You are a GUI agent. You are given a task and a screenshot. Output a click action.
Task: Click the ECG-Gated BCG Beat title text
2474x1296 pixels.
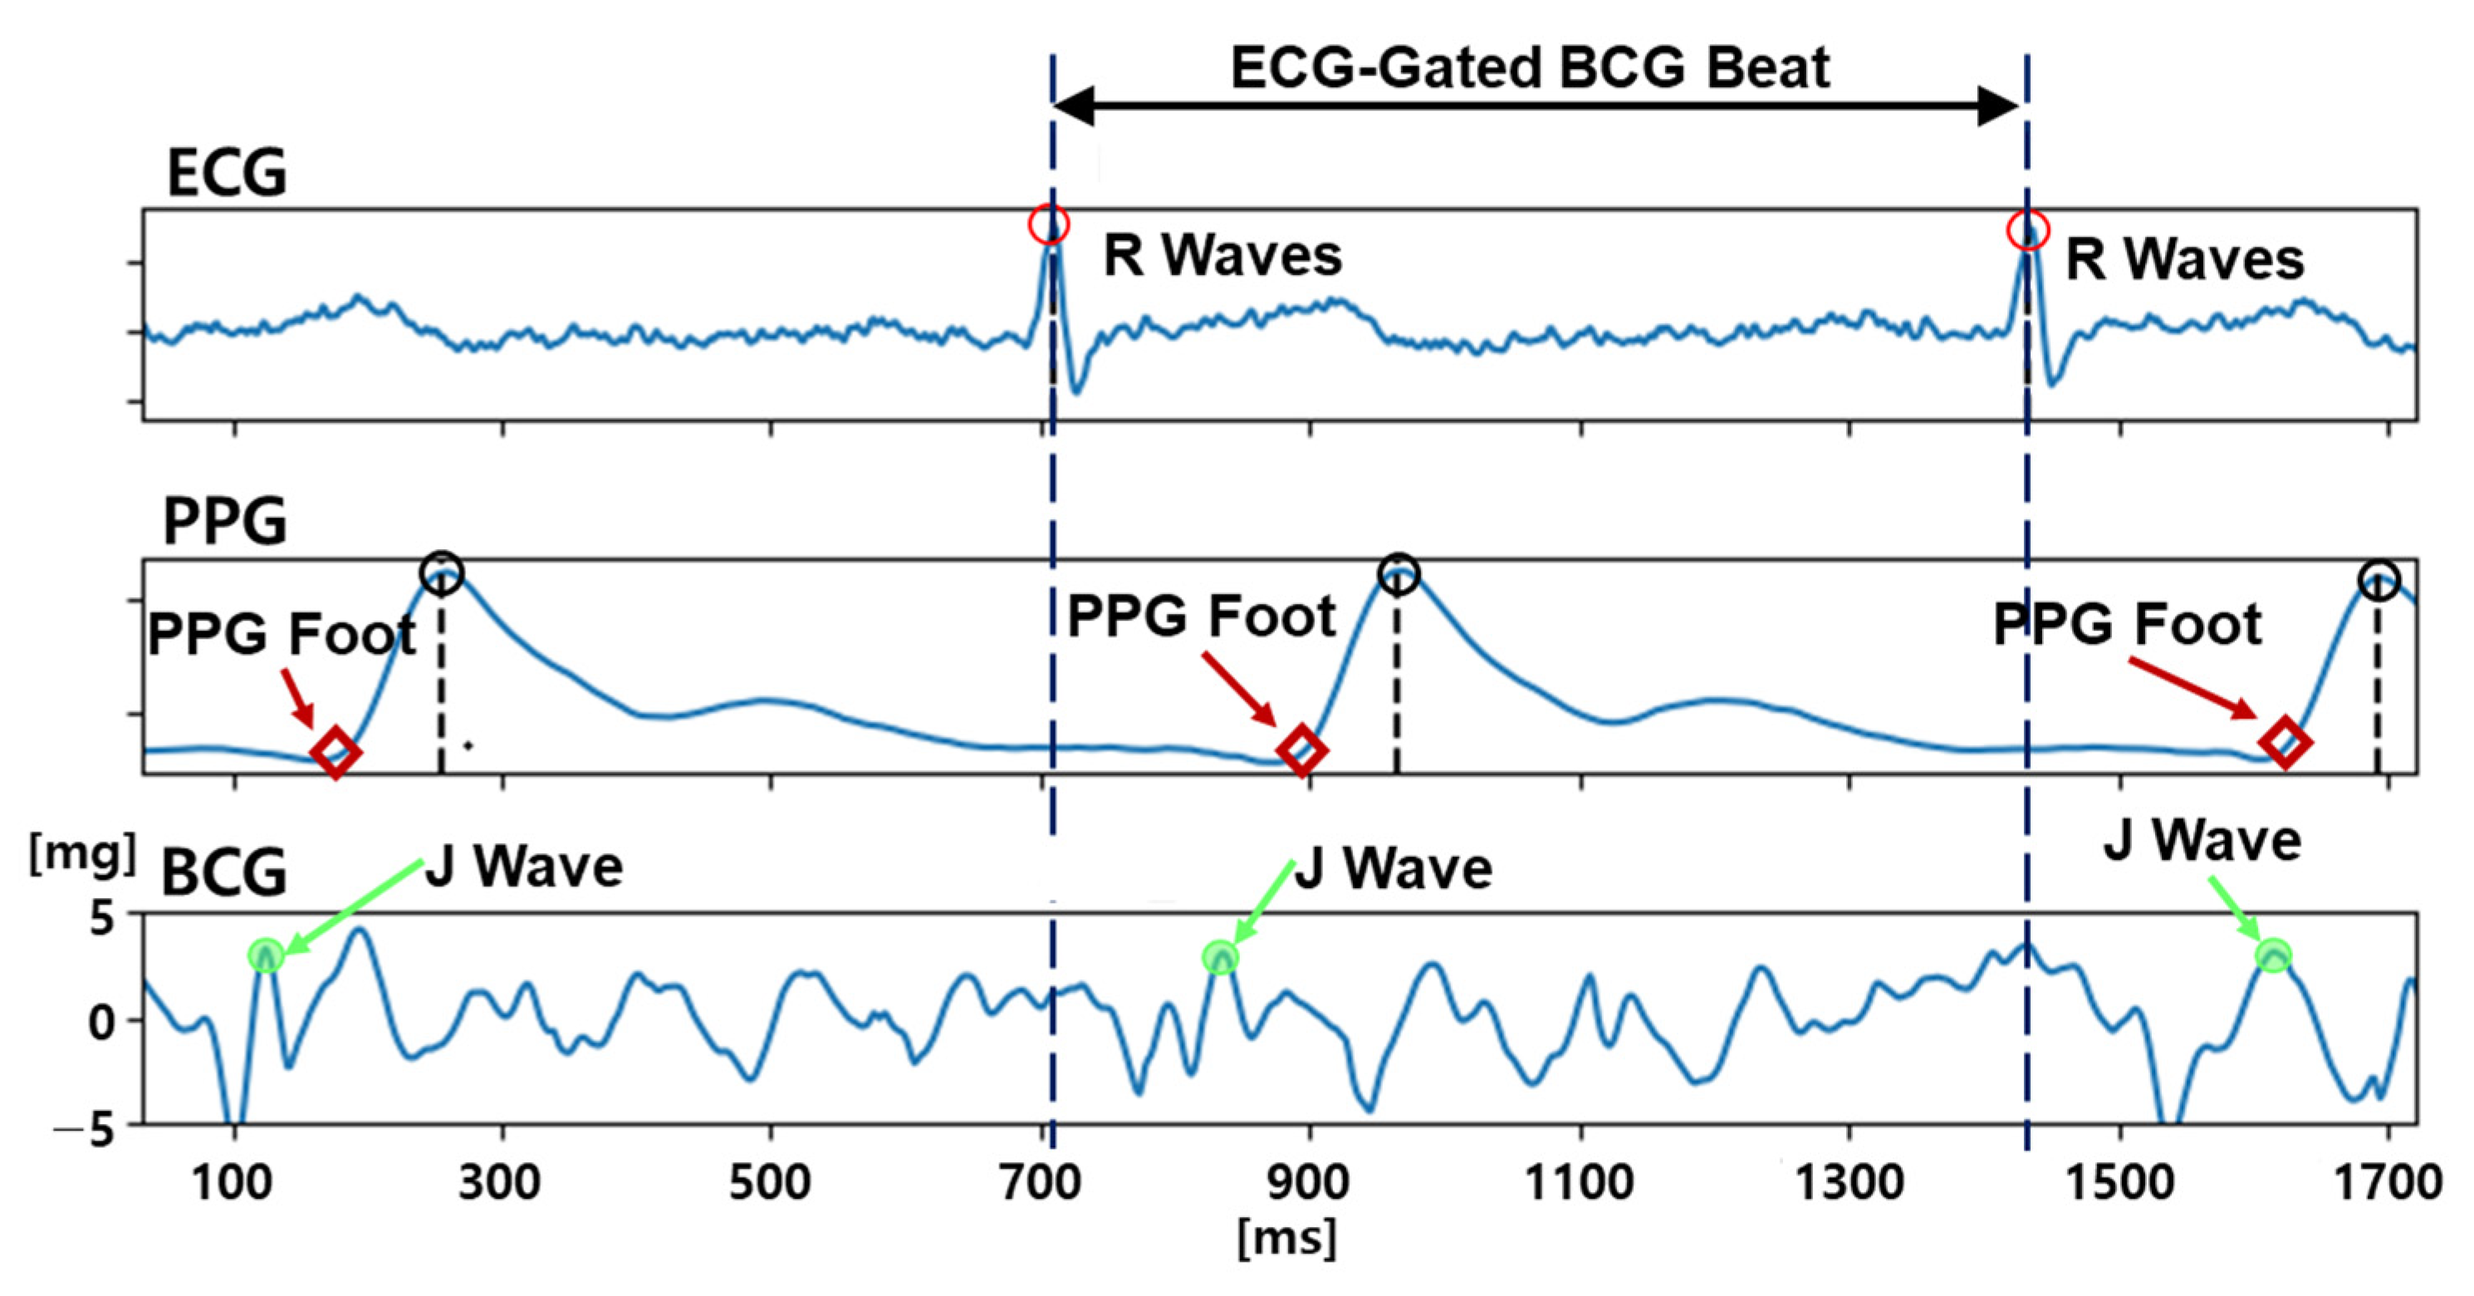pyautogui.click(x=1530, y=68)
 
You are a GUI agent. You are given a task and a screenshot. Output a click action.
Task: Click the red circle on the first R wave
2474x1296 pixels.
pyautogui.click(x=1049, y=225)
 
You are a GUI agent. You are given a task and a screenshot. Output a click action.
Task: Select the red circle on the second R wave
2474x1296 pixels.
pyautogui.click(x=2028, y=231)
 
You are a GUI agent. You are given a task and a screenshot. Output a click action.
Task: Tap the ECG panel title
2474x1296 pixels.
pyautogui.click(x=227, y=174)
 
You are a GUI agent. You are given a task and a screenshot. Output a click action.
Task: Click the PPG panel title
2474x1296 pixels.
pyautogui.click(x=225, y=522)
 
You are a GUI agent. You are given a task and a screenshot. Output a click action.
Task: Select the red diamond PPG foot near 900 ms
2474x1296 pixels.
pyautogui.click(x=1301, y=750)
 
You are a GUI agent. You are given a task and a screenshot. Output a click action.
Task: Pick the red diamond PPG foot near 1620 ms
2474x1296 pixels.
pyautogui.click(x=2285, y=742)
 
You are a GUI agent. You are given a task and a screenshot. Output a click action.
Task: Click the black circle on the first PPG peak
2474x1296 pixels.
pyautogui.click(x=442, y=573)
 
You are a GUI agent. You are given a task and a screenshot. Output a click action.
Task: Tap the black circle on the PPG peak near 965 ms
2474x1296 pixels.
pyautogui.click(x=1399, y=573)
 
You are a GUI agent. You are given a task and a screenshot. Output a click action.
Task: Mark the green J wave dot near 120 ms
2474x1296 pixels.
pyautogui.click(x=266, y=955)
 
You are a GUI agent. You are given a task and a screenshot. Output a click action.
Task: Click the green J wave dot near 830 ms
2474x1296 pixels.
pyautogui.click(x=1221, y=957)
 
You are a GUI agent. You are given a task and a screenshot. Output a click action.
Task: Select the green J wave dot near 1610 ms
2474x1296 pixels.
pyautogui.click(x=2273, y=955)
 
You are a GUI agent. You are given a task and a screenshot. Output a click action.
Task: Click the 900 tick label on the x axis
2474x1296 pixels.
pyautogui.click(x=1308, y=1181)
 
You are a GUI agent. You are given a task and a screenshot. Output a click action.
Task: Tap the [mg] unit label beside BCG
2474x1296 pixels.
pyautogui.click(x=81, y=852)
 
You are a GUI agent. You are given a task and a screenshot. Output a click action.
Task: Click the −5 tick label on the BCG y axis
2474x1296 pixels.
pyautogui.click(x=84, y=1131)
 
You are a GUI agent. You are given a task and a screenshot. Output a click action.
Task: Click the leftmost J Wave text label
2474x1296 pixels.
pyautogui.click(x=524, y=866)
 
